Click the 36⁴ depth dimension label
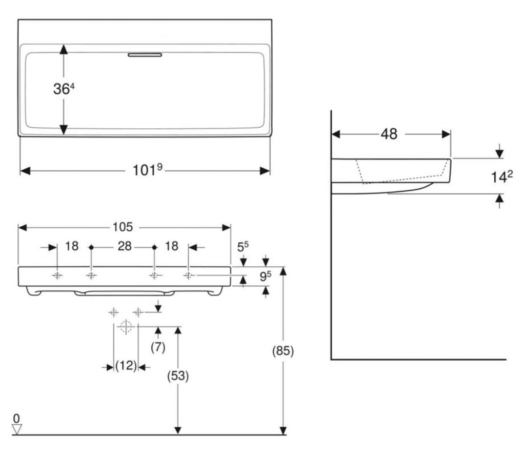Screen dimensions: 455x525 coord(64,89)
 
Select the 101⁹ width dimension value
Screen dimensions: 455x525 coord(148,170)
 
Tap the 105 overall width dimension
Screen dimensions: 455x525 coord(123,227)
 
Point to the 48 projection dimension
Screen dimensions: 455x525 coord(389,134)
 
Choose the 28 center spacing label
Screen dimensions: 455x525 coord(124,246)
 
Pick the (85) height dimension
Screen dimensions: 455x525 coord(282,351)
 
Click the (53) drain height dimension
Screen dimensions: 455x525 coord(178,375)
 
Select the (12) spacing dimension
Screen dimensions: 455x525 coord(126,366)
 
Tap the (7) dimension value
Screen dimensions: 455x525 coord(158,347)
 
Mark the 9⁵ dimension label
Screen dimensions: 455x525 coord(265,276)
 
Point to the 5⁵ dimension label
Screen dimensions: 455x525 coord(243,247)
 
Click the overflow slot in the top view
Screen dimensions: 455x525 coord(145,55)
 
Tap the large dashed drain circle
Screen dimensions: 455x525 coord(126,326)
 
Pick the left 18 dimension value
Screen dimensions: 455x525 coord(72,246)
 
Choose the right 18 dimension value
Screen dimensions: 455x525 coord(172,246)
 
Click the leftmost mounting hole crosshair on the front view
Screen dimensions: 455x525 coord(57,276)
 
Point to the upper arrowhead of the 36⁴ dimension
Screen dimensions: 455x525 coord(64,48)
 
